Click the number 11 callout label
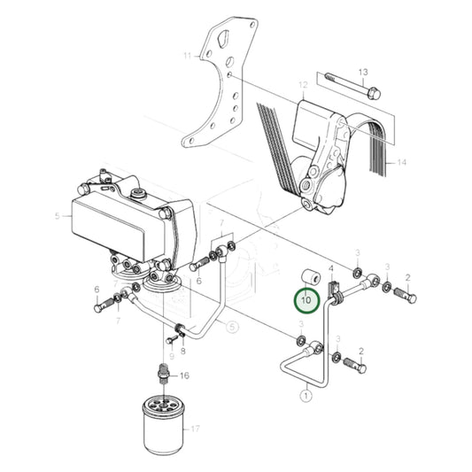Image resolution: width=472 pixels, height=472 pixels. click(x=187, y=56)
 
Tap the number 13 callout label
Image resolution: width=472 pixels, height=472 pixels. click(x=362, y=71)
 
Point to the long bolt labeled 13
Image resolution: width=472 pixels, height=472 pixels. click(x=350, y=87)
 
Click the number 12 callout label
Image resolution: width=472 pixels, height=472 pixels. click(x=302, y=85)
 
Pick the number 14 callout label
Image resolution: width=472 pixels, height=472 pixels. click(x=401, y=162)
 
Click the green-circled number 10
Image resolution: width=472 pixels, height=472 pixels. click(x=306, y=301)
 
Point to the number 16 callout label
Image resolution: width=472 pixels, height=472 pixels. click(x=184, y=375)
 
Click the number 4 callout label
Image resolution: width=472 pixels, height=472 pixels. click(x=331, y=267)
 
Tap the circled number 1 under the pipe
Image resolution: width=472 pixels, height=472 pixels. click(x=306, y=397)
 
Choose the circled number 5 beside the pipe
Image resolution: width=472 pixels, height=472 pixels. click(x=232, y=327)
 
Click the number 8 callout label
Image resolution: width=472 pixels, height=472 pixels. click(x=182, y=350)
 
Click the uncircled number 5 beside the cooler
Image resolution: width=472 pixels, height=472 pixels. click(x=57, y=214)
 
